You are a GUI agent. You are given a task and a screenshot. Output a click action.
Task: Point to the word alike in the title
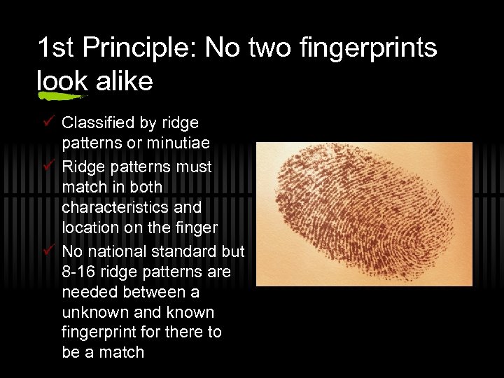[x=124, y=81]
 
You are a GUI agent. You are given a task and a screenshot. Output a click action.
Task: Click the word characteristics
[x=132, y=208]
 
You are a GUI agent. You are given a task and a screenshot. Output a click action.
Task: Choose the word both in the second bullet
[x=146, y=187]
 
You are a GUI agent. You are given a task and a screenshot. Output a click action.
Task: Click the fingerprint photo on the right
[x=364, y=213]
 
